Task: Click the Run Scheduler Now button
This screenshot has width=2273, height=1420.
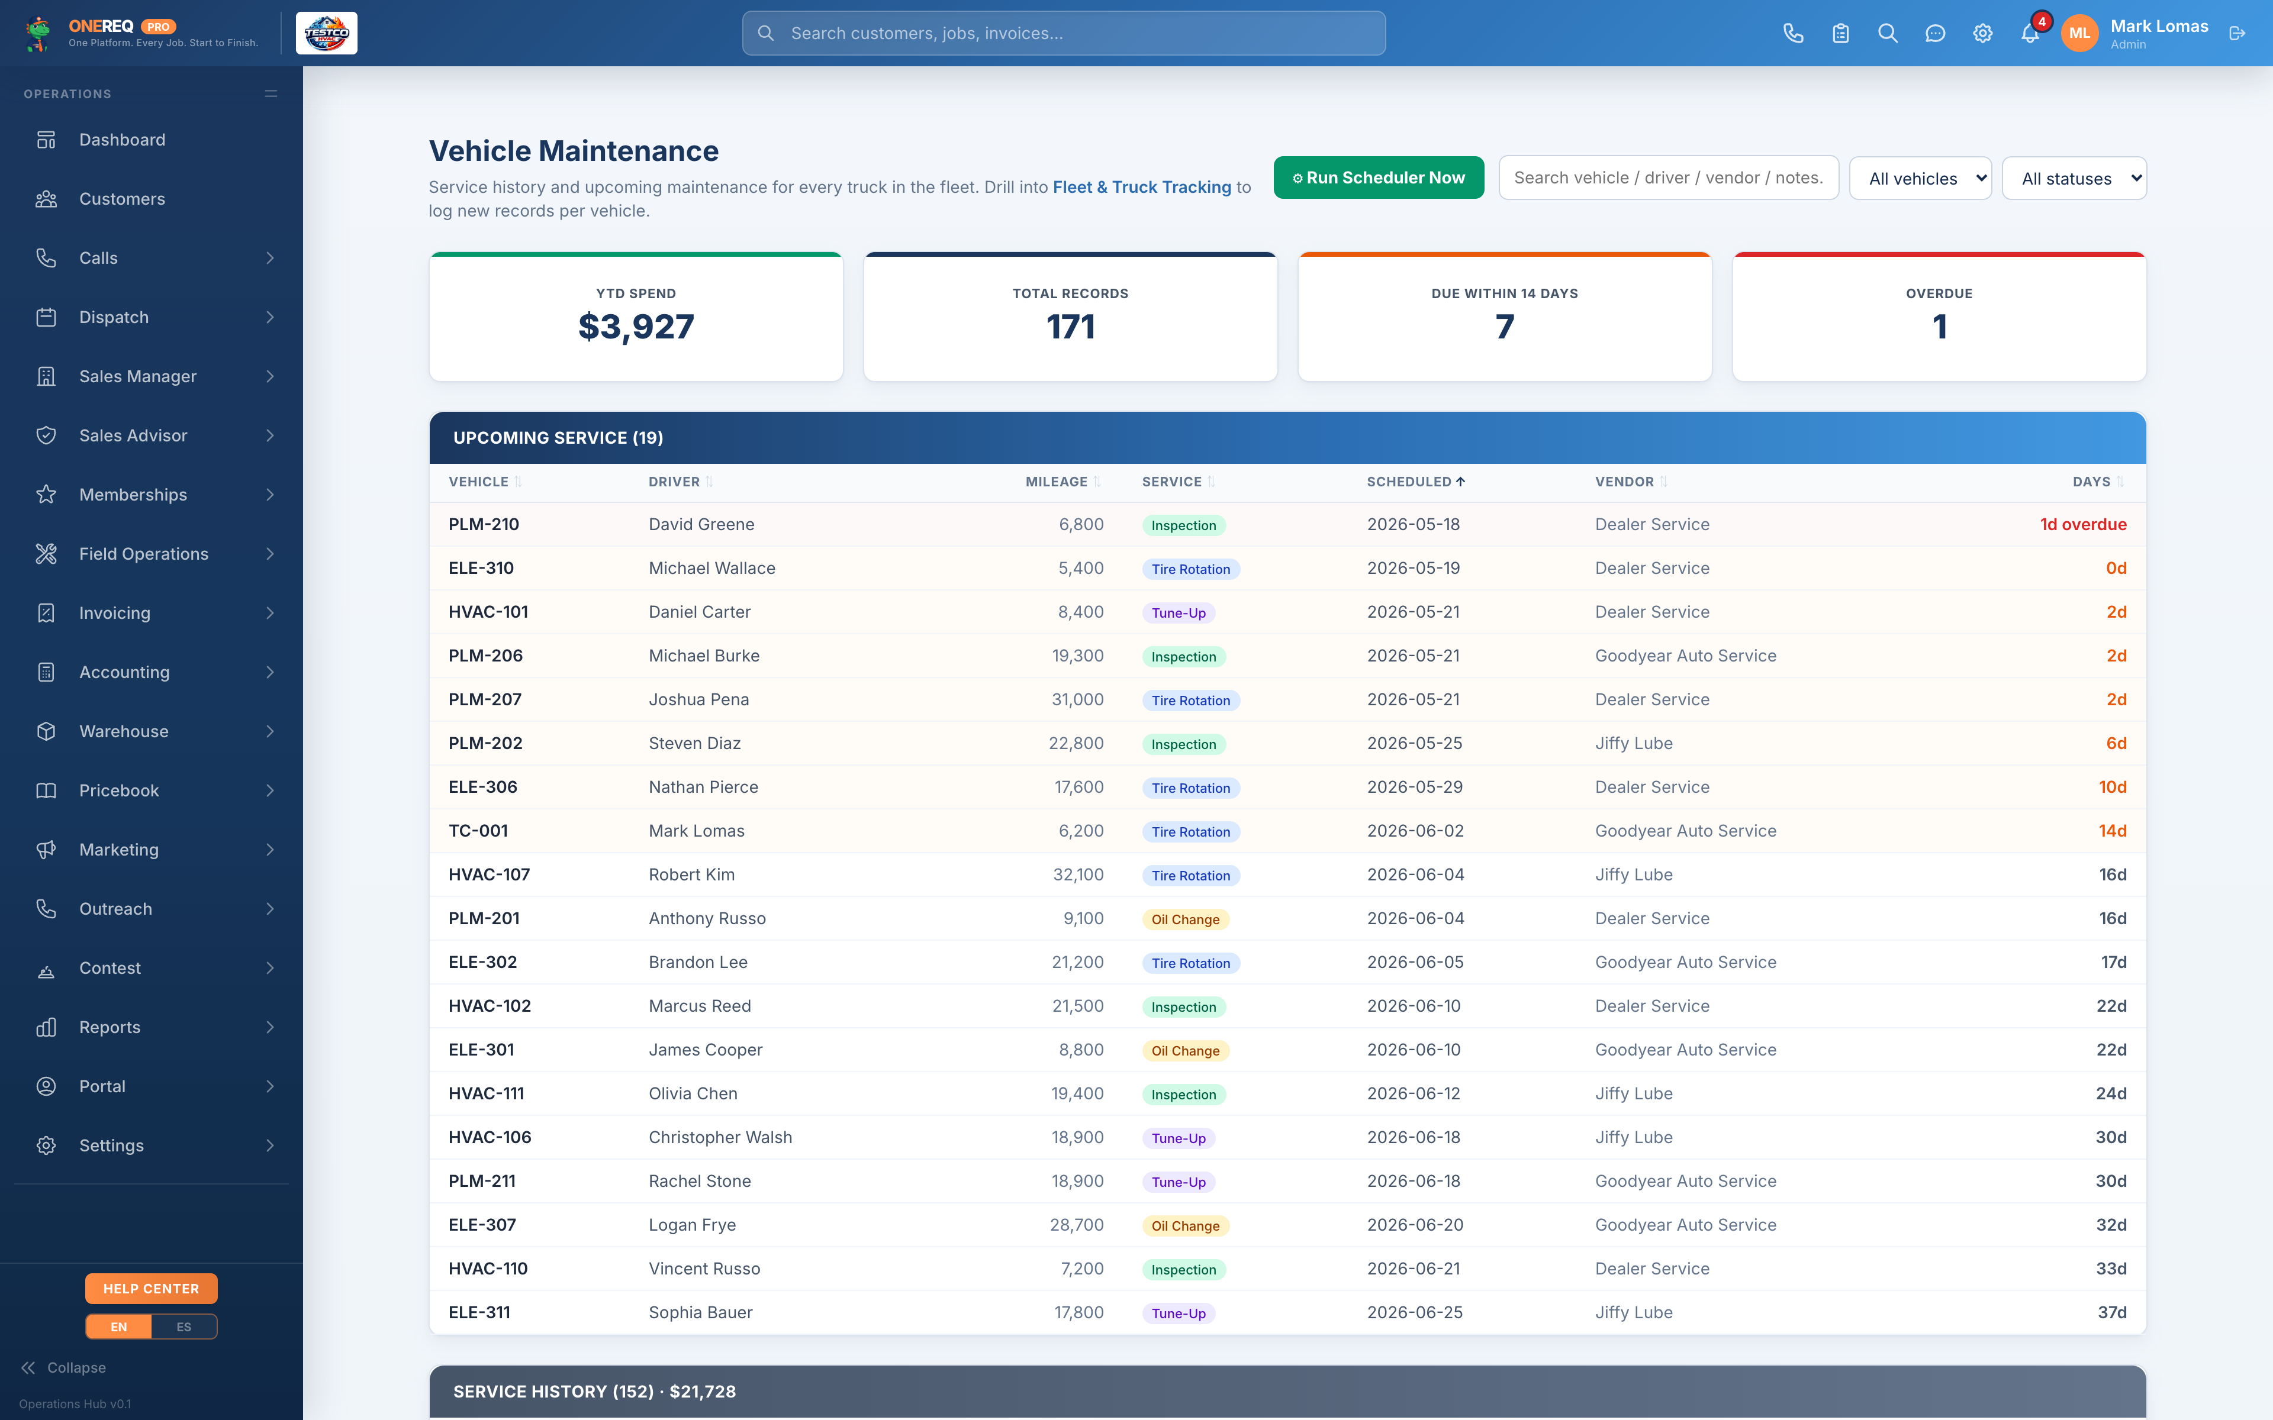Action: tap(1378, 177)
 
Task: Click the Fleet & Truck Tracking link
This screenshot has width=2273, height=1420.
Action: tap(1141, 187)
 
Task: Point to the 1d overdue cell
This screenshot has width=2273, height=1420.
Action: tap(2082, 524)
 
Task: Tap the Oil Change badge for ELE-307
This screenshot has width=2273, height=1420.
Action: tap(1186, 1225)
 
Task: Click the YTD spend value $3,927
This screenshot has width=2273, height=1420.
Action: tap(636, 327)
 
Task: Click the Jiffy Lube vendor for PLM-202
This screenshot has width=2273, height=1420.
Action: tap(1633, 743)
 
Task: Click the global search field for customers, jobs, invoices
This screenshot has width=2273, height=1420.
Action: tap(1063, 34)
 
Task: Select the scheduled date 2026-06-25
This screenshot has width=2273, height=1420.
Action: tap(1415, 1312)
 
